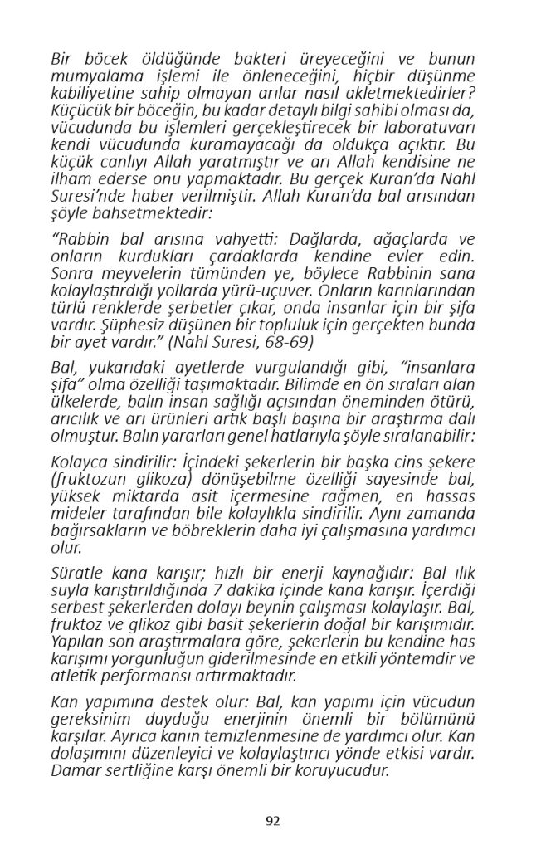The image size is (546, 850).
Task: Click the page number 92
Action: click(273, 821)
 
